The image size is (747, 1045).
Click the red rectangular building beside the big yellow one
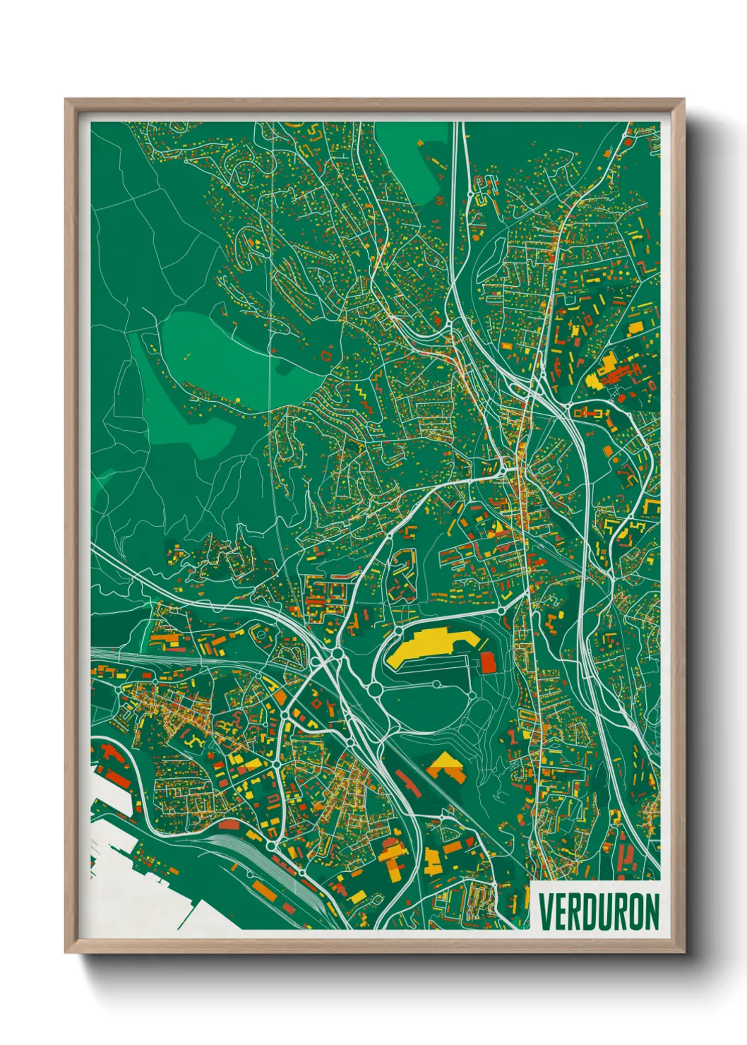[488, 662]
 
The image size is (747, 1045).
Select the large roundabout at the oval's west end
[375, 688]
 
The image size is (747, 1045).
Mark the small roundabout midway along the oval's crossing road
[437, 684]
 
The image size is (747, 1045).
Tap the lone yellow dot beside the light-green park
[237, 400]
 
